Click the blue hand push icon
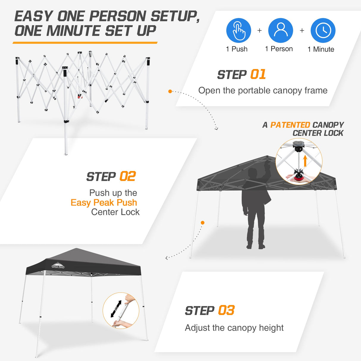(238, 30)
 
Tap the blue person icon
(280, 30)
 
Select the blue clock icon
(323, 30)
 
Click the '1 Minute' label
(321, 49)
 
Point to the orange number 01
(258, 74)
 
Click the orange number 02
(127, 176)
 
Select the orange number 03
(226, 310)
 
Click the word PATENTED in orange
(290, 125)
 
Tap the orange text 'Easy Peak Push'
(104, 203)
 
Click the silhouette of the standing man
(256, 208)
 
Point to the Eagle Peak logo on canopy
(58, 266)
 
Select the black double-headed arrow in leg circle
(116, 309)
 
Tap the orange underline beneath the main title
(85, 43)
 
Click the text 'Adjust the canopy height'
(234, 328)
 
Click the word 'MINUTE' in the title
(73, 31)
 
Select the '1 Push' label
(237, 49)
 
